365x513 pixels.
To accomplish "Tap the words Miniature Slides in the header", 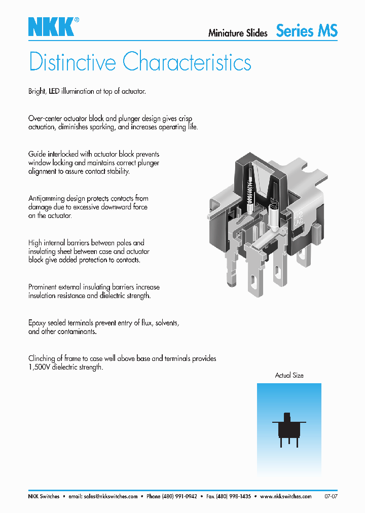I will pyautogui.click(x=238, y=33).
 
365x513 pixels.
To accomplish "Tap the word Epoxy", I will pyautogui.click(x=39, y=322).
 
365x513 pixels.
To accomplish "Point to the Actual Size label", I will pyautogui.click(x=289, y=375).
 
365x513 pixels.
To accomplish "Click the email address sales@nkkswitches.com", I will pyautogui.click(x=111, y=496).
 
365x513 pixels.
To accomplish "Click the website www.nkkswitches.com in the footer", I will pyautogui.click(x=285, y=496).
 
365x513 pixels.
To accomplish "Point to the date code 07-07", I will pyautogui.click(x=331, y=496).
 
